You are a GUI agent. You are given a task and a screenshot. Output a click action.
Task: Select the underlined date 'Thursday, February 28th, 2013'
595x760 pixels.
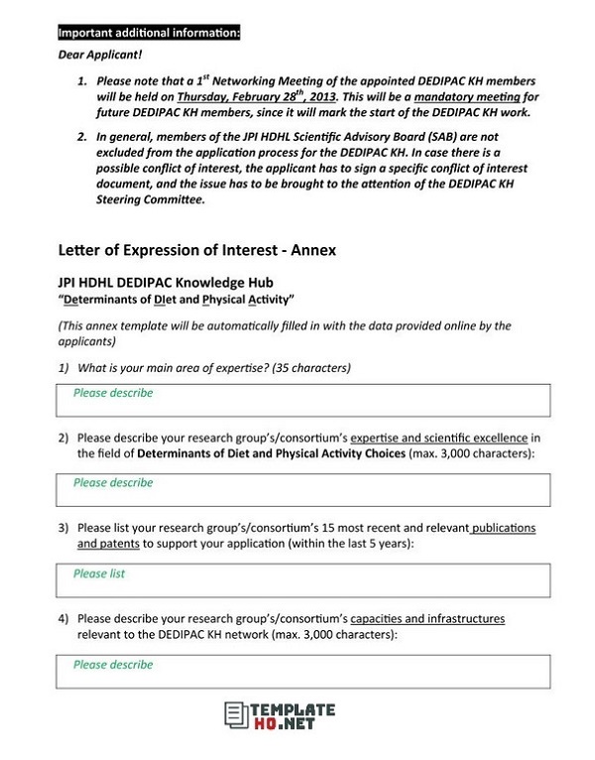257,97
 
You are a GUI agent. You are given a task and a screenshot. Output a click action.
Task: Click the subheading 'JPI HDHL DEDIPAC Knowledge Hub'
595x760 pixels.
167,283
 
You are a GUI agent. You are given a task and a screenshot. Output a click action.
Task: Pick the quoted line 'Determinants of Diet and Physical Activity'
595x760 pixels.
177,299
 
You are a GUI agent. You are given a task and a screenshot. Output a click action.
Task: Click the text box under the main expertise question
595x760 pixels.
302,401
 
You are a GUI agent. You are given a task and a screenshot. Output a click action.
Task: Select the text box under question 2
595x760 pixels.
302,490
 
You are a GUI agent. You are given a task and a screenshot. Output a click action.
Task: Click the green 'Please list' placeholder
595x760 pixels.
99,573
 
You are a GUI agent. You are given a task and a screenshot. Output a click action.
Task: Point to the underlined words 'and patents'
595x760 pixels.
109,544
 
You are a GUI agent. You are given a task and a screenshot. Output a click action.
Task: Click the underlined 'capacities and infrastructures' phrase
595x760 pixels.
427,619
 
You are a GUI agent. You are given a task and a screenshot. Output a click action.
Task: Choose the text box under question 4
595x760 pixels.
302,672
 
